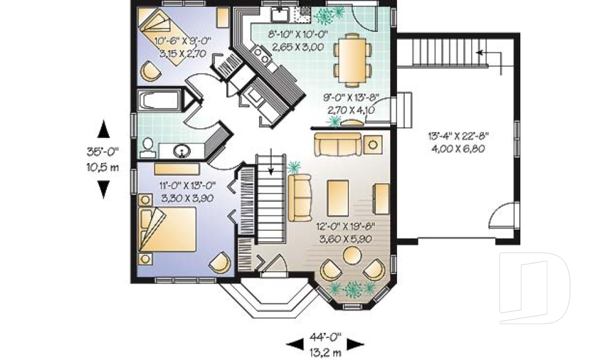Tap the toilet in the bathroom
147,147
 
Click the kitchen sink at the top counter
279,15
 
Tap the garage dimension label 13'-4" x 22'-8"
458,141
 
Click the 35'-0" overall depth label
102,158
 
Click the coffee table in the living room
338,197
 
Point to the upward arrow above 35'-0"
103,130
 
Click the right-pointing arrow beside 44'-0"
357,344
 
